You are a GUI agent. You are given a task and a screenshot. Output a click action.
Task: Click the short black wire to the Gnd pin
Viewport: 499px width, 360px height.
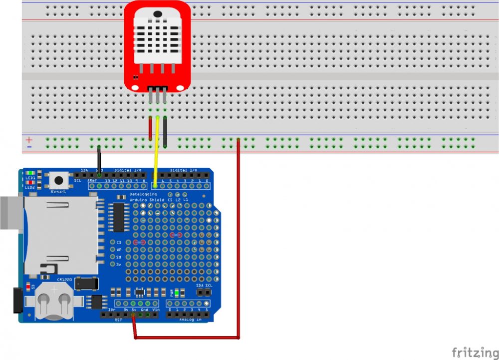click(99, 159)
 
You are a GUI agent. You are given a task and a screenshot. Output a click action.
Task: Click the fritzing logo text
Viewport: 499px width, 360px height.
click(475, 352)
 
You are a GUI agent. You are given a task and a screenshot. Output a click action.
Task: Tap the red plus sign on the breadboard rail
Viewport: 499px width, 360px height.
click(29, 139)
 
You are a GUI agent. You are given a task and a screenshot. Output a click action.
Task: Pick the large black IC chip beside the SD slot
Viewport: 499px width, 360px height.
click(118, 217)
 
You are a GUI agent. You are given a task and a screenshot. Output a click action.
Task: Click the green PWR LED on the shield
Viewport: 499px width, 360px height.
click(177, 293)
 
